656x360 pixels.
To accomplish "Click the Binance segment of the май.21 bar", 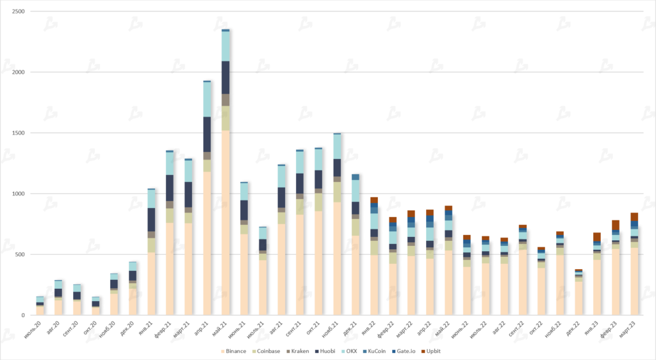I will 225,224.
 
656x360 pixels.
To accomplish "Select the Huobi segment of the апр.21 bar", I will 207,135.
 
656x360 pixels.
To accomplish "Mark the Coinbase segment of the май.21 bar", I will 225,118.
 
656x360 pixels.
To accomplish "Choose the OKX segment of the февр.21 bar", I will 170,163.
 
